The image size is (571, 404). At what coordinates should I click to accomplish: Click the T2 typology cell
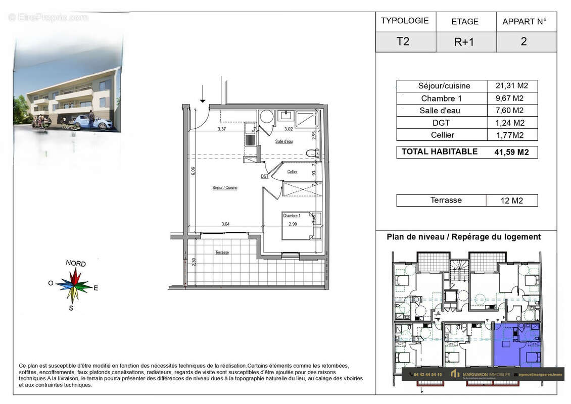403,41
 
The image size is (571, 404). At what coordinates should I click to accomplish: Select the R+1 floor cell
464,42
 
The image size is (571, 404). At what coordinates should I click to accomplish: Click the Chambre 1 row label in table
441,98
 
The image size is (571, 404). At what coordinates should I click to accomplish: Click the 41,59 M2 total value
511,152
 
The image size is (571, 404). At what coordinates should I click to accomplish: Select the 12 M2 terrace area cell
511,200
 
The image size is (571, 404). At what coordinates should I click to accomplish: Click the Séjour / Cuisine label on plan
225,187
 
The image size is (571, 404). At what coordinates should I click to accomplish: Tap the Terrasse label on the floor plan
222,252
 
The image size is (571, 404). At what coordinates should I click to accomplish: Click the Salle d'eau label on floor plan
283,142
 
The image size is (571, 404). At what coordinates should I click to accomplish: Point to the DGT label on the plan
265,177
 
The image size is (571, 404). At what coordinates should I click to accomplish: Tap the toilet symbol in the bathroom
310,152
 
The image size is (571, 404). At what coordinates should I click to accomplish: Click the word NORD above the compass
76,264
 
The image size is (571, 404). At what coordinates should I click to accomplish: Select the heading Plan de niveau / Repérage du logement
463,237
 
